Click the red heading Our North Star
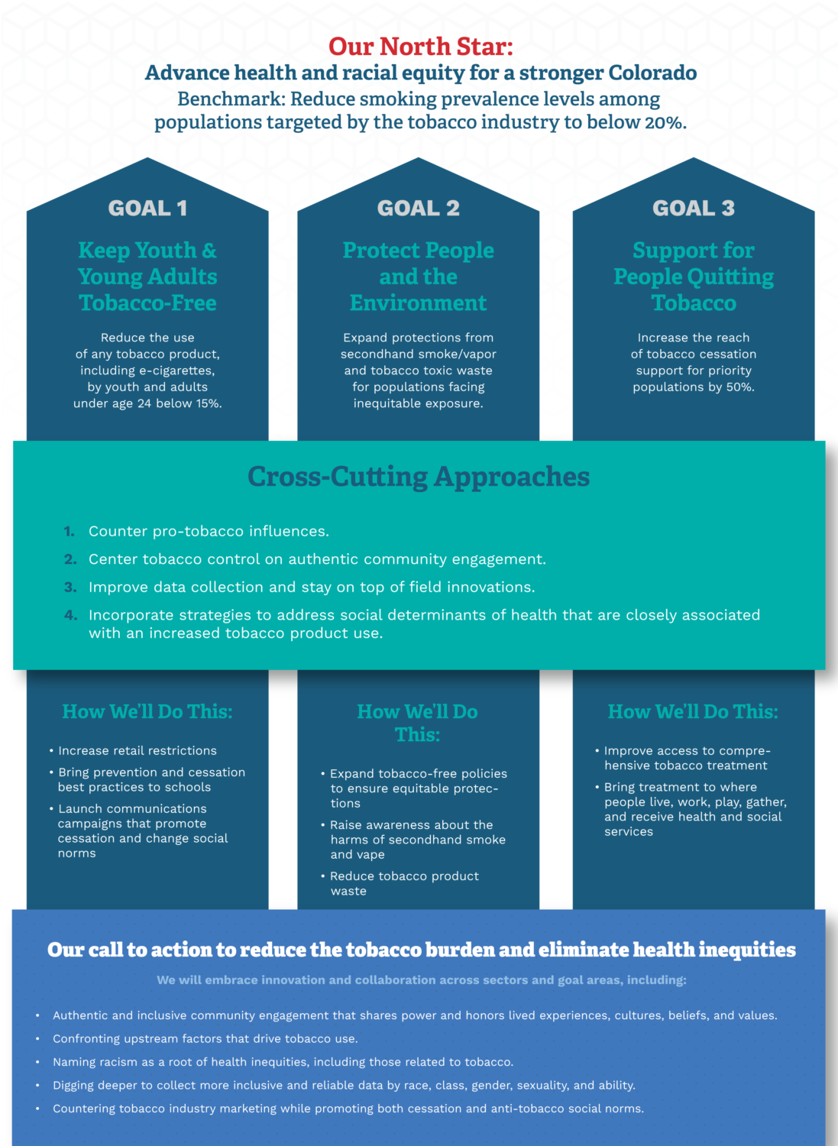pyautogui.click(x=421, y=47)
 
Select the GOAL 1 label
pyautogui.click(x=147, y=208)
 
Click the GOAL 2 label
pyautogui.click(x=419, y=208)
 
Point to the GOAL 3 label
pyautogui.click(x=694, y=208)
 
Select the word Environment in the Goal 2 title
pyautogui.click(x=419, y=303)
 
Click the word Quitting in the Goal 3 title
pyautogui.click(x=730, y=277)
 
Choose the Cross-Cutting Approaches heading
pyautogui.click(x=419, y=477)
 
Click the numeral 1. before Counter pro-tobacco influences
pyautogui.click(x=69, y=532)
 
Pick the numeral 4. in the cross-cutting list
pyautogui.click(x=70, y=615)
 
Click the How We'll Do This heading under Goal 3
pyautogui.click(x=693, y=711)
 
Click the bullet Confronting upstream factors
pyautogui.click(x=205, y=1038)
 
